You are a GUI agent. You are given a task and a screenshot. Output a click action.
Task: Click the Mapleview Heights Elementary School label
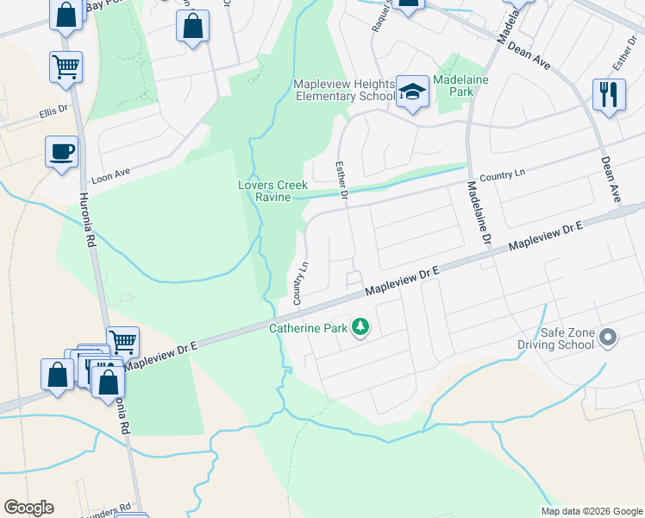point(344,90)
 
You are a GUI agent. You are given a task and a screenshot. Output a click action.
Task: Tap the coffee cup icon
point(62,152)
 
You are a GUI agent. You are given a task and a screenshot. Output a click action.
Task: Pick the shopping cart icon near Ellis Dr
point(66,66)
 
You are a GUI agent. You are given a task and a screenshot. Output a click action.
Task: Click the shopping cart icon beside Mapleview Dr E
point(122,342)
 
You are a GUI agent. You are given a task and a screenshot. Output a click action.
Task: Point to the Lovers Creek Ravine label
point(267,191)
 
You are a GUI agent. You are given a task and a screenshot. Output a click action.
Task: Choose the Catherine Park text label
point(308,328)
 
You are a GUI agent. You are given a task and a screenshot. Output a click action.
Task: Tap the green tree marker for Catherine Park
point(361,327)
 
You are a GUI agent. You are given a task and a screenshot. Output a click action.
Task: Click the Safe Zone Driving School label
point(568,338)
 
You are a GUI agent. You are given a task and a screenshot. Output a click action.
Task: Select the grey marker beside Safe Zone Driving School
point(609,338)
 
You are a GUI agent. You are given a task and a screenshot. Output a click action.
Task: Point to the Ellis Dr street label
point(53,111)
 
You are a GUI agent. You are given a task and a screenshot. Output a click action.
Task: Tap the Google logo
point(28,508)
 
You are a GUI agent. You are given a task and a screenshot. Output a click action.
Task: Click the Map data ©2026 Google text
point(591,510)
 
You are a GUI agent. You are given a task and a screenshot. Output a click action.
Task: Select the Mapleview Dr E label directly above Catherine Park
point(402,281)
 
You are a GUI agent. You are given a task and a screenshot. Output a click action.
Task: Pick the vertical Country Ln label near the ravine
point(300,283)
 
